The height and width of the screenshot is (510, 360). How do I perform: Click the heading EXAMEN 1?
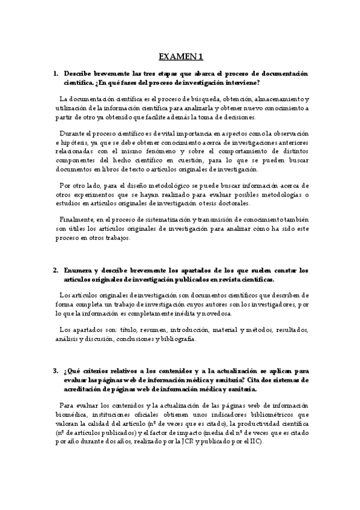click(x=180, y=57)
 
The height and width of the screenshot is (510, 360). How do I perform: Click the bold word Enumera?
click(x=77, y=270)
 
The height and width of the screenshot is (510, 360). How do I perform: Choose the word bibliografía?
click(x=175, y=339)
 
